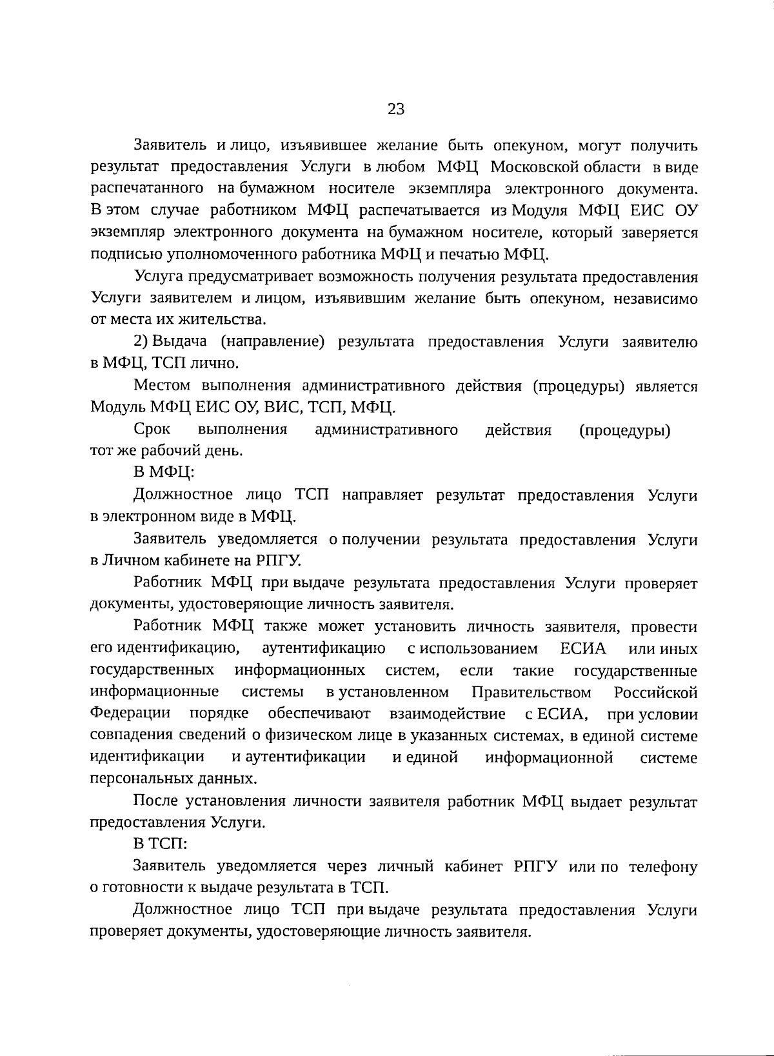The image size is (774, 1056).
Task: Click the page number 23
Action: click(x=395, y=109)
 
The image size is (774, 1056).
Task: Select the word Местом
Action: click(x=162, y=386)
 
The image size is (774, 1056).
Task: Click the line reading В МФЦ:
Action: click(x=164, y=472)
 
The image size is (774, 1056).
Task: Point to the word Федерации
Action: click(x=130, y=713)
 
